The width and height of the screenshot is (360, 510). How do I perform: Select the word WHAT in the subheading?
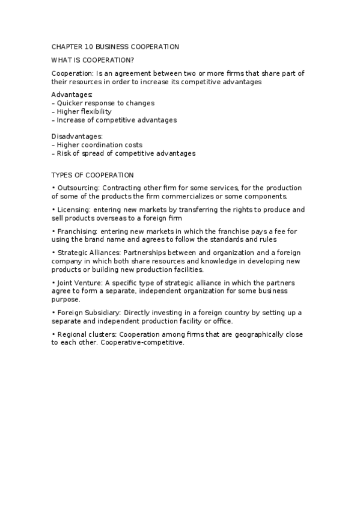61,60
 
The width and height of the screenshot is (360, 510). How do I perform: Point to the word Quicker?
70,103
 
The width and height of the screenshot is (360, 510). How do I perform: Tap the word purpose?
66,299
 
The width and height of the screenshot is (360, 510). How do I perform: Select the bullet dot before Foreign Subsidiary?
53,313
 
